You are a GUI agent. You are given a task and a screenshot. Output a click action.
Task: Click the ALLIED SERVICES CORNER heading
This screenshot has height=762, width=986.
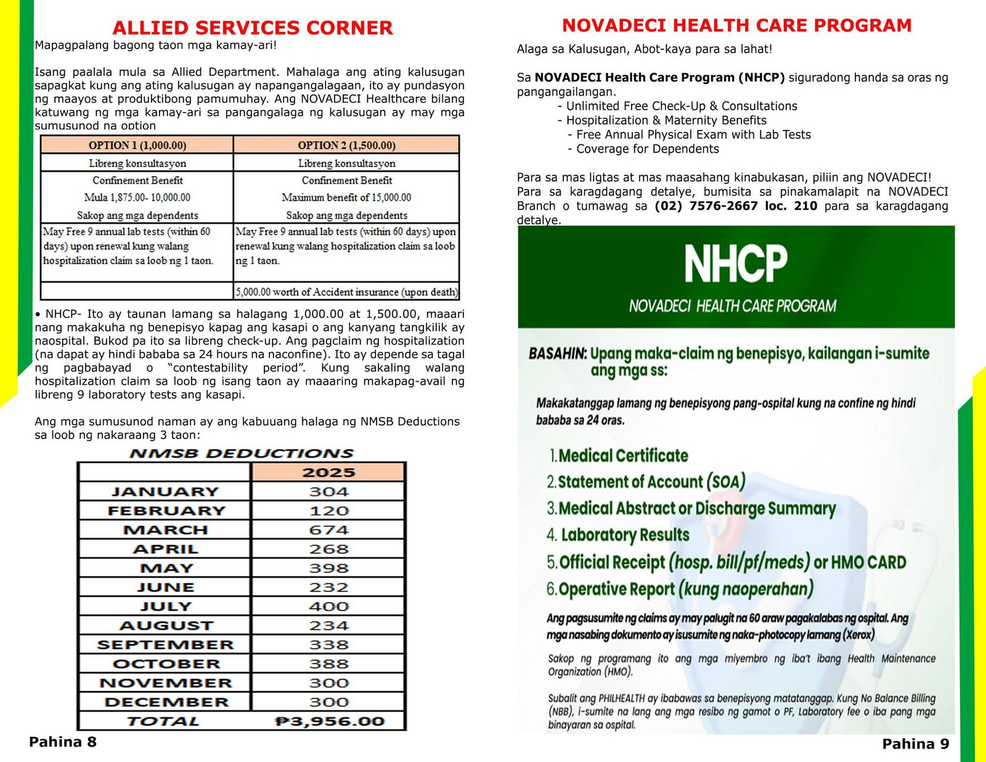tap(252, 28)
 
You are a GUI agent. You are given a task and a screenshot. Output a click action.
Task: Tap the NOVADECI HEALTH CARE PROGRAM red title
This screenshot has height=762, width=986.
tap(736, 25)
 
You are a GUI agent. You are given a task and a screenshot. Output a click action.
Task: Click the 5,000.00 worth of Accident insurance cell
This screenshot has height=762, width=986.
tap(346, 292)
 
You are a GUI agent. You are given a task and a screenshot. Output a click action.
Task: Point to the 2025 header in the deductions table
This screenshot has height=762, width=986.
tap(328, 472)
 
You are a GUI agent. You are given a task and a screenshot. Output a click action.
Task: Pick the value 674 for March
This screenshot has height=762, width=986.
tap(328, 530)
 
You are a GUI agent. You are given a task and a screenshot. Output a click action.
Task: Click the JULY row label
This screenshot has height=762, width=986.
tap(165, 606)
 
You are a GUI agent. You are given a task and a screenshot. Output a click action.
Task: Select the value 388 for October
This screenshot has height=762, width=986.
tap(328, 663)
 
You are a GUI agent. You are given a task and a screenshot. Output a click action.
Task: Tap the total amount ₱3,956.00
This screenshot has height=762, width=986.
tap(329, 721)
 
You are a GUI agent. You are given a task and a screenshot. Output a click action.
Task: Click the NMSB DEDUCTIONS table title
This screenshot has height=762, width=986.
tap(242, 453)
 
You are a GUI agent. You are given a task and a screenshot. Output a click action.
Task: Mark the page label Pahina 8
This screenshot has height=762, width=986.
tap(63, 742)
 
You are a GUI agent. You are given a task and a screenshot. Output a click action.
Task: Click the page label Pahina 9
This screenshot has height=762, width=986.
tap(916, 744)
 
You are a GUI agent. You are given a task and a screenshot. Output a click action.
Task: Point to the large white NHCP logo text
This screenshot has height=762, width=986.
tap(736, 263)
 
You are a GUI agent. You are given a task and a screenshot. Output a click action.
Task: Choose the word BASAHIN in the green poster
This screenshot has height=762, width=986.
tap(557, 354)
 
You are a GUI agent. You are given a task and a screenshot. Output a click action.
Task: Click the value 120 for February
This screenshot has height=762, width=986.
tap(328, 511)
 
